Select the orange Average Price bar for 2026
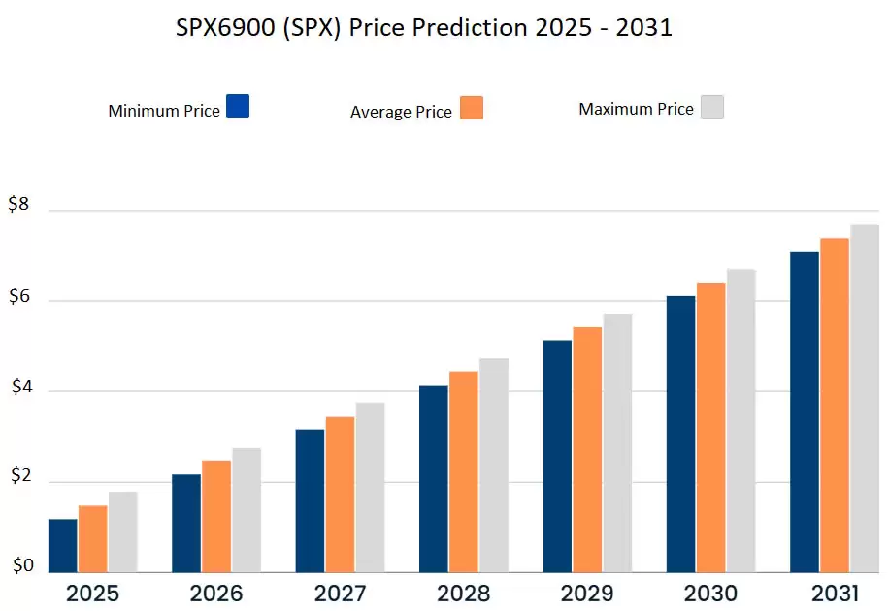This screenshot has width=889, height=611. [216, 516]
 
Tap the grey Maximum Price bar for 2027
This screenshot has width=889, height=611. [370, 487]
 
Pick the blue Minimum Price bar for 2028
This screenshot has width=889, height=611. [434, 478]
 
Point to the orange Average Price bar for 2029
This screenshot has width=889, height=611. [587, 449]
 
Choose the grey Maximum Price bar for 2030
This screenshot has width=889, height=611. [741, 420]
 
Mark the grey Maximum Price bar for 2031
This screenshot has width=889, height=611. [864, 398]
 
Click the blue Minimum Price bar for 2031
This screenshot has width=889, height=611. [805, 411]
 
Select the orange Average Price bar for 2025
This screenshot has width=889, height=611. [93, 538]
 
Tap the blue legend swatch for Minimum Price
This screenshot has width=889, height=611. [238, 106]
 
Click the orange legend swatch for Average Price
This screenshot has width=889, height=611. [472, 108]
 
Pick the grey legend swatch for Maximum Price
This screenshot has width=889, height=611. [712, 106]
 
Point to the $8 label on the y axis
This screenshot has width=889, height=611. [19, 204]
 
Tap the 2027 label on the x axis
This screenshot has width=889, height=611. [340, 594]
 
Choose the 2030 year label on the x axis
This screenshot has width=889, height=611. [710, 594]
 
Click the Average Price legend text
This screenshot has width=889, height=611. [401, 112]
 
